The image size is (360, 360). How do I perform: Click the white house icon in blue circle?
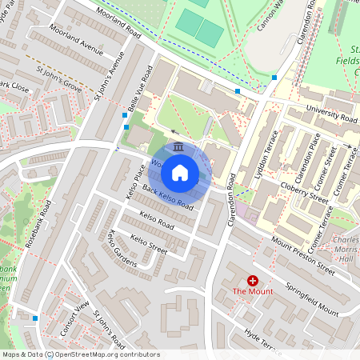click(180, 171)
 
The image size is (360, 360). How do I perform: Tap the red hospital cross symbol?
click(253, 280)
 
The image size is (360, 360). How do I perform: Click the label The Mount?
click(253, 291)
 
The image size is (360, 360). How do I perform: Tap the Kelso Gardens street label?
click(122, 247)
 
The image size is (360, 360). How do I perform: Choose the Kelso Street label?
click(147, 242)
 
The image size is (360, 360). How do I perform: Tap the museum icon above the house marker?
click(178, 147)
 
